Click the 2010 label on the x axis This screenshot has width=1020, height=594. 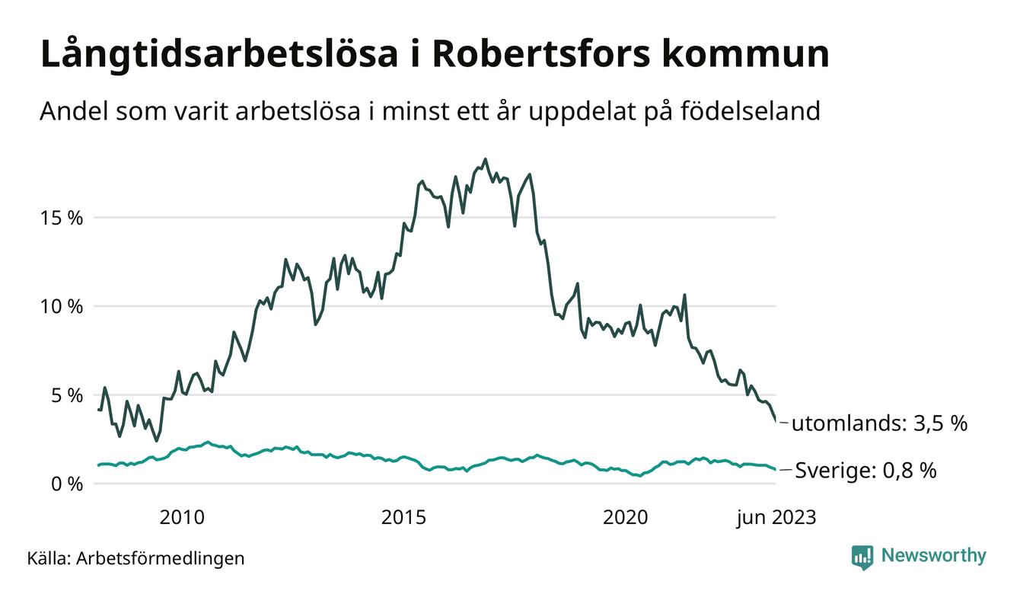(x=182, y=518)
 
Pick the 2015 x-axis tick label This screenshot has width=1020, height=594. (x=403, y=518)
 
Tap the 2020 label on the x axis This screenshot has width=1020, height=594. (x=625, y=518)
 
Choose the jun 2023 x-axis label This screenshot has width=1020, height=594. (x=776, y=518)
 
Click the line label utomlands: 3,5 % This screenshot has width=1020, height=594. (x=879, y=423)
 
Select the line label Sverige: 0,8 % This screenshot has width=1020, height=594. (x=865, y=471)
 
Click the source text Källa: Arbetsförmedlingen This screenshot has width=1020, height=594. (x=135, y=558)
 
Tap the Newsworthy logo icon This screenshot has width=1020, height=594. (x=862, y=557)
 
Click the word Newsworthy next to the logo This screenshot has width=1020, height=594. (x=933, y=556)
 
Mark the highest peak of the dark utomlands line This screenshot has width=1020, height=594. (x=485, y=160)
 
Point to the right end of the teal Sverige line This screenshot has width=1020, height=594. (x=776, y=470)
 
